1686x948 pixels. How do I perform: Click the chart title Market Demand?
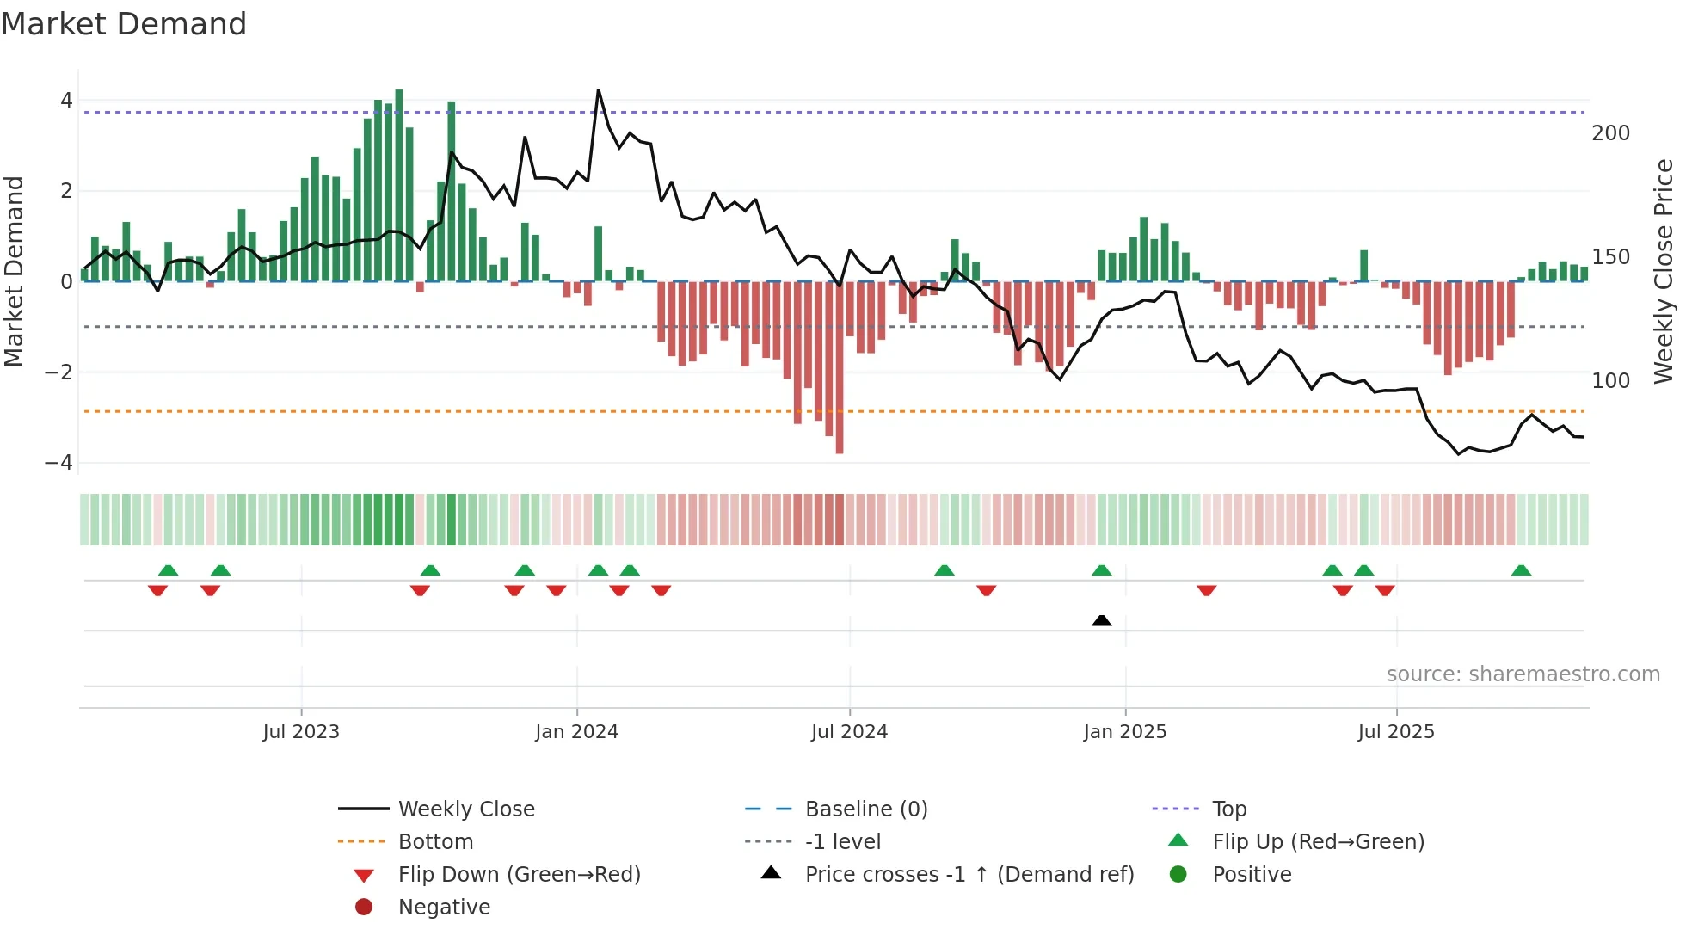[124, 24]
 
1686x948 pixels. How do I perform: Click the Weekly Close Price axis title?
[1664, 271]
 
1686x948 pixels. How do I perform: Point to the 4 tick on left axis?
[66, 101]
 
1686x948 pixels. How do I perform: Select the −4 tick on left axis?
[59, 463]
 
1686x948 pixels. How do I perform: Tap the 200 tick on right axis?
[1610, 133]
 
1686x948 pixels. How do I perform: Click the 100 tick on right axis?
[1610, 380]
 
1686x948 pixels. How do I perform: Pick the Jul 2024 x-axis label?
[849, 732]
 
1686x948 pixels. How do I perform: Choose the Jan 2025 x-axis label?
[1124, 732]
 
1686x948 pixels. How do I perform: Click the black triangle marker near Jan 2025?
[1101, 620]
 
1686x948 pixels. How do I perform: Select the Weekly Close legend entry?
[465, 809]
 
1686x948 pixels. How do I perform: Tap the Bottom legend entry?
[435, 842]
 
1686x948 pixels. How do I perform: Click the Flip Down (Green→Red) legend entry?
[519, 875]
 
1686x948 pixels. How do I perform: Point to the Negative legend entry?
[444, 908]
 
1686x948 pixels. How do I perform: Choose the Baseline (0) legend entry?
[865, 809]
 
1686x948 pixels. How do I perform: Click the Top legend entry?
[1229, 809]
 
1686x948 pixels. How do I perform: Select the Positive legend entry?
[1252, 875]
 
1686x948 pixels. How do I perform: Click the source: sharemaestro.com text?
[1523, 674]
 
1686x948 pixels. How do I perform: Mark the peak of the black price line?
[599, 90]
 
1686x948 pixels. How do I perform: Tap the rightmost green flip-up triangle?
[1521, 570]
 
